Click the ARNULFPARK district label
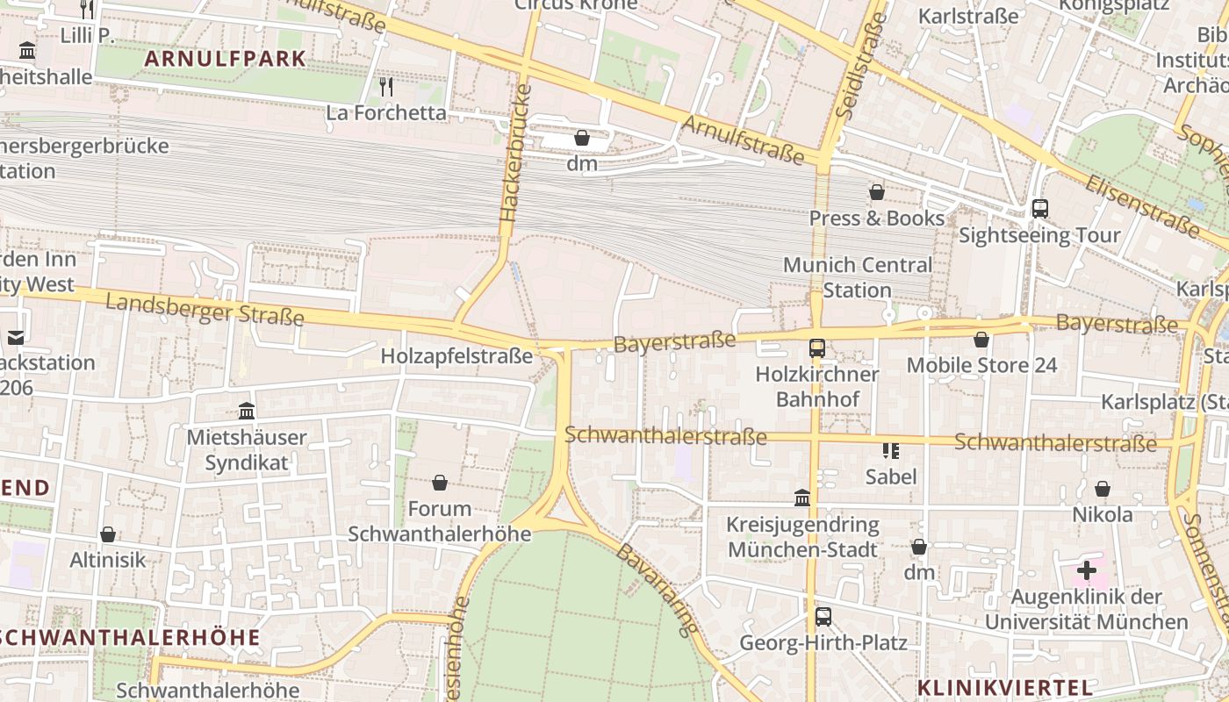(226, 60)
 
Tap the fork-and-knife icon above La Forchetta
(385, 87)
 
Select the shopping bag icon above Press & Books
(876, 192)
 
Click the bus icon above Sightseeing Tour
(1039, 209)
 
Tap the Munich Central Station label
(858, 277)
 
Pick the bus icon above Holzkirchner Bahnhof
(816, 347)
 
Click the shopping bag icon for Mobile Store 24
(981, 339)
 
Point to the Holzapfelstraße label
(456, 355)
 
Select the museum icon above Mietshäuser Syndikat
(247, 411)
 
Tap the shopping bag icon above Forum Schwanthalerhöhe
(440, 483)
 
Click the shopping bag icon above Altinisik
(108, 534)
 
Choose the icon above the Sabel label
(891, 451)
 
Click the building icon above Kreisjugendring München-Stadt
(802, 498)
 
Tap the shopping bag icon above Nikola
(1103, 489)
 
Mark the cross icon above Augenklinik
(1087, 570)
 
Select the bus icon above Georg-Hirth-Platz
(823, 616)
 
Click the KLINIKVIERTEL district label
(1005, 687)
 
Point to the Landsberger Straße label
(205, 309)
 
